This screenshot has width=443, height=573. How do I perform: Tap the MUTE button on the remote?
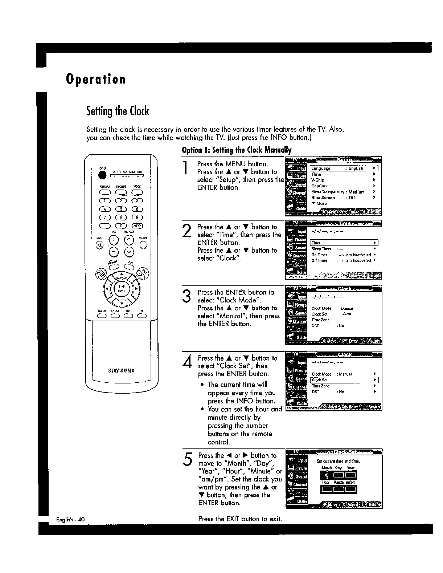(99, 243)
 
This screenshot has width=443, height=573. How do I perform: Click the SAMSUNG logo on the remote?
(122, 371)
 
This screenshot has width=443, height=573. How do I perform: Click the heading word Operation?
(96, 79)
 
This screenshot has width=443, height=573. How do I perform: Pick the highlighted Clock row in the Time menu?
(344, 243)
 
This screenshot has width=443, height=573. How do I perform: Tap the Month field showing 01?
(327, 475)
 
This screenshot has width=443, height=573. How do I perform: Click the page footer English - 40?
(70, 519)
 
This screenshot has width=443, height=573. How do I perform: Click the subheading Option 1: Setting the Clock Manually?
(237, 150)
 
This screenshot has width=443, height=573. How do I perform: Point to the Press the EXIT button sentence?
(240, 519)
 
